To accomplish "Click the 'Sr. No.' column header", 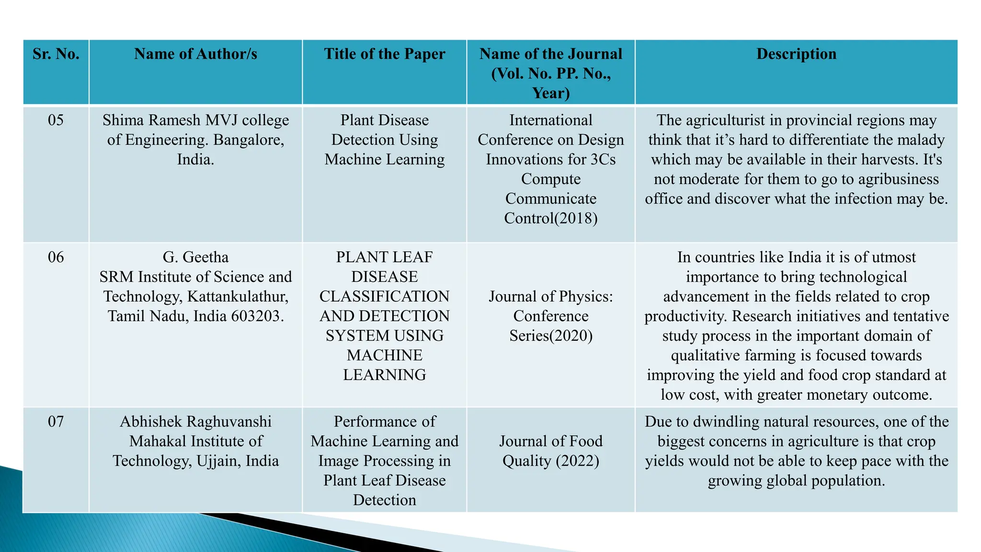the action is click(x=56, y=54).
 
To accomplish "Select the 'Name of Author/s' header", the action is click(x=195, y=54).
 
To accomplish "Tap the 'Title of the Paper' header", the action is click(x=385, y=54).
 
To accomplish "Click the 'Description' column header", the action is click(x=796, y=54).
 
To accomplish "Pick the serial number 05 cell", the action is click(x=56, y=120).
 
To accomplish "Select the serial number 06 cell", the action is click(x=56, y=257).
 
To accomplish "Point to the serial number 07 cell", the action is click(x=56, y=422).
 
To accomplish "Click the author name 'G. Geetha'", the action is click(x=195, y=257).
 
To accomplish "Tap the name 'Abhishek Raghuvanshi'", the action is click(x=195, y=422).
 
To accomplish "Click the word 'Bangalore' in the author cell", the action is click(x=248, y=140).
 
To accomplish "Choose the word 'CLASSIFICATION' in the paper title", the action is click(x=385, y=297).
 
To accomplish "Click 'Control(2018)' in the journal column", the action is click(x=551, y=218).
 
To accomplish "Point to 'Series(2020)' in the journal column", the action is click(x=551, y=336).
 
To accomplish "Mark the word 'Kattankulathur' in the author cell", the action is click(x=238, y=297).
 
